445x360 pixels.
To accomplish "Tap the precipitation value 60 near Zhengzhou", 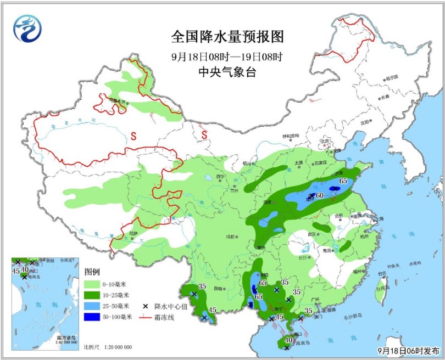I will [320, 196].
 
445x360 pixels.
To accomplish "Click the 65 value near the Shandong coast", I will [343, 182].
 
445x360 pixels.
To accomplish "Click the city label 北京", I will [325, 141].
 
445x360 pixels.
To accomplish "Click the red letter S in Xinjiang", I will [132, 134].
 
